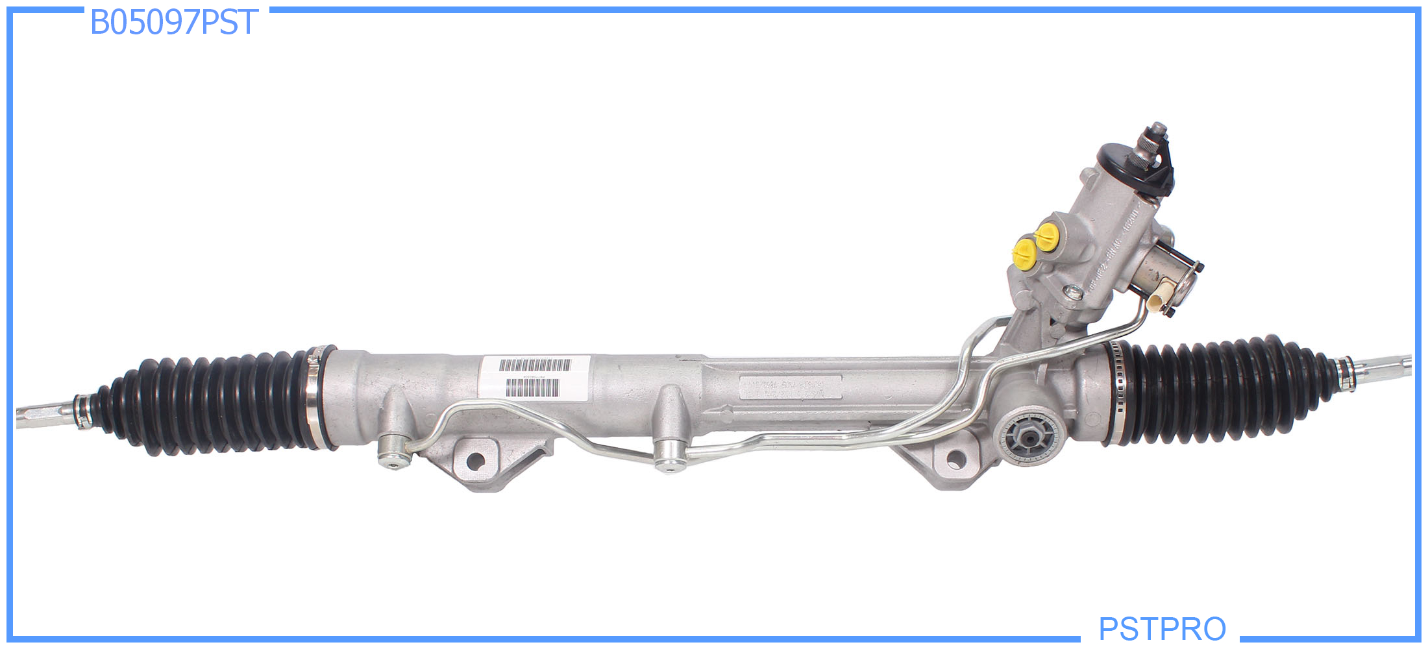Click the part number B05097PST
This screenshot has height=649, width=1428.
(174, 23)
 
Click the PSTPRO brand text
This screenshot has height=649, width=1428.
(1162, 628)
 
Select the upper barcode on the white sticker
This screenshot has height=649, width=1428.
(535, 365)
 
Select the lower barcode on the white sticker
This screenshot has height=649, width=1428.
(532, 388)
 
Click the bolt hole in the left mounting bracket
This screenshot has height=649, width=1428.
(475, 461)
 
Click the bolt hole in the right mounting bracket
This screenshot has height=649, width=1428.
(955, 459)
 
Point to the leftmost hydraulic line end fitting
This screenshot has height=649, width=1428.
(394, 450)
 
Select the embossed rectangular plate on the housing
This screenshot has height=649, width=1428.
(791, 387)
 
